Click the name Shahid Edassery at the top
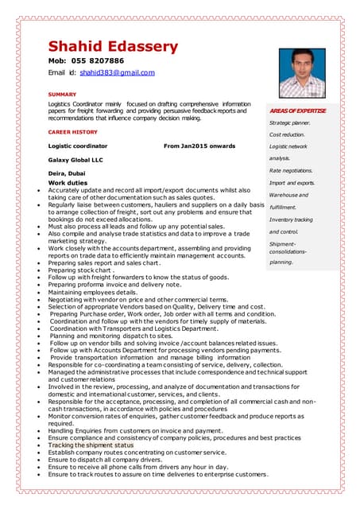point(113,47)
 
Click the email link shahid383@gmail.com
point(117,72)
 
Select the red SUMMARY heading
point(62,94)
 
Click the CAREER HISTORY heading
point(73,131)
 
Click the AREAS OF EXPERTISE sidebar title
point(297,110)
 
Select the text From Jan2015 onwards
point(199,146)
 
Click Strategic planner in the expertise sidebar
point(289,122)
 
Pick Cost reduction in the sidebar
point(286,135)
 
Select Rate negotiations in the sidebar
point(291,170)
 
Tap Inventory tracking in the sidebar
point(291,219)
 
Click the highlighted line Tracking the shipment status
point(90,445)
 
